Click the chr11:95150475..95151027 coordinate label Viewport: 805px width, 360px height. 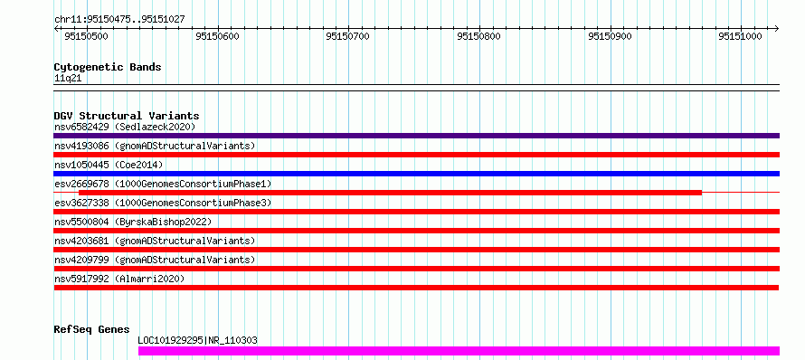coord(119,20)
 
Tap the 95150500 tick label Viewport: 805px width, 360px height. coord(87,36)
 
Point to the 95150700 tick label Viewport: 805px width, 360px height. coord(347,36)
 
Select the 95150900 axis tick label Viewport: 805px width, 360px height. coord(610,36)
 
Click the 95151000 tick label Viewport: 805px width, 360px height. coord(740,36)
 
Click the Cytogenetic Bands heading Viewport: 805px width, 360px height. coord(108,67)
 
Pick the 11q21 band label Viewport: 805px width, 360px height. coord(68,79)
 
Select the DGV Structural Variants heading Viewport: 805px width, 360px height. coord(127,116)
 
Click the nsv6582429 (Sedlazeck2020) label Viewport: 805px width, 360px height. coord(125,127)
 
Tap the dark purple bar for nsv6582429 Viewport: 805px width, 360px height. coord(416,136)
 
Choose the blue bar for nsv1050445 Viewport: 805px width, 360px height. coord(416,174)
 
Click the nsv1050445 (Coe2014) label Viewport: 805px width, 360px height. coord(109,165)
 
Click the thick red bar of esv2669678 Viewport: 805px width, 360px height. coord(390,193)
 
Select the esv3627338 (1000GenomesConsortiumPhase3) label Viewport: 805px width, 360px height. coord(163,203)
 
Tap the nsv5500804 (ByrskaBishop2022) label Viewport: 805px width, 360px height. coord(133,222)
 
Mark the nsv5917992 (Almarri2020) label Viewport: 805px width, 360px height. coord(119,279)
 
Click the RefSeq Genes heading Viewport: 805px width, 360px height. coord(91,329)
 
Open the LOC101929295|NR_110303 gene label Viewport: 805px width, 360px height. coord(198,340)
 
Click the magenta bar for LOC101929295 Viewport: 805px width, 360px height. coord(459,351)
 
